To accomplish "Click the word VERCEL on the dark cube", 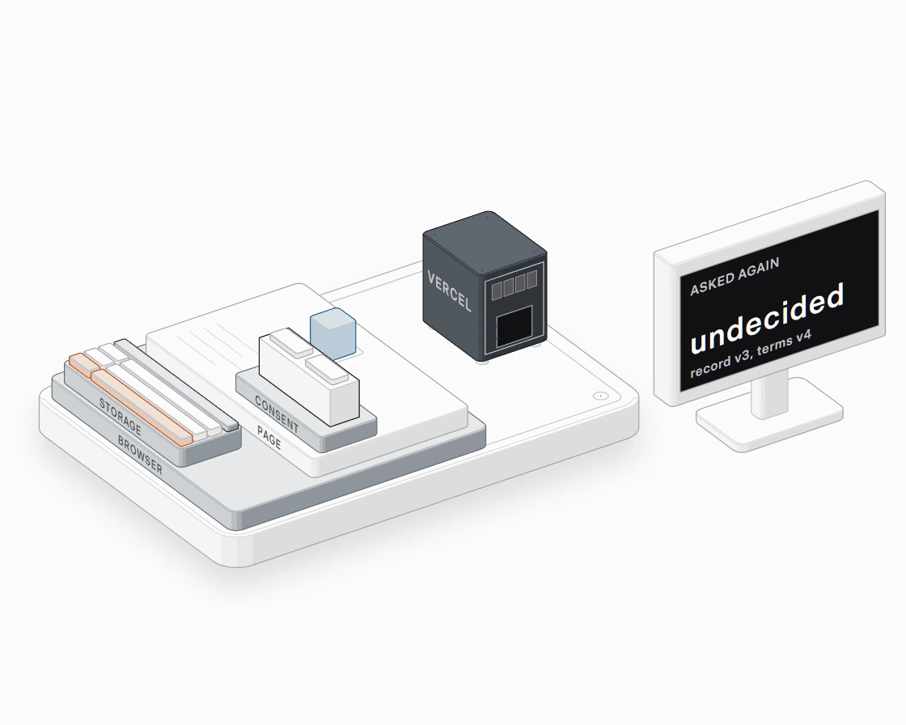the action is [x=449, y=290].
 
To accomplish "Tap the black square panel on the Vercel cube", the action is [x=514, y=327].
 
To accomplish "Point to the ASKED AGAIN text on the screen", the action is [x=735, y=276].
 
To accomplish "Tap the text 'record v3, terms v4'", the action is [x=751, y=354].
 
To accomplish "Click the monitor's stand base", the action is [x=769, y=415].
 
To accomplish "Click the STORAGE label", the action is [x=121, y=416].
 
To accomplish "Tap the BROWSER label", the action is [x=140, y=456].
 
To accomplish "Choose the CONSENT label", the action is [x=277, y=415].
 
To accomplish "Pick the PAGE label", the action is [x=269, y=439].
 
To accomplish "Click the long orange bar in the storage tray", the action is [x=142, y=408].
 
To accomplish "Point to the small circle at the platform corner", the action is [x=601, y=396].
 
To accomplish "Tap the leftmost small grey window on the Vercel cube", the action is [x=497, y=290].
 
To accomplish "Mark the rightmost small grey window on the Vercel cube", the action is [x=531, y=280].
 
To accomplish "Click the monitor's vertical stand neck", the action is [x=769, y=395].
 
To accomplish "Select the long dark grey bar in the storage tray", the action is [x=176, y=384].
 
